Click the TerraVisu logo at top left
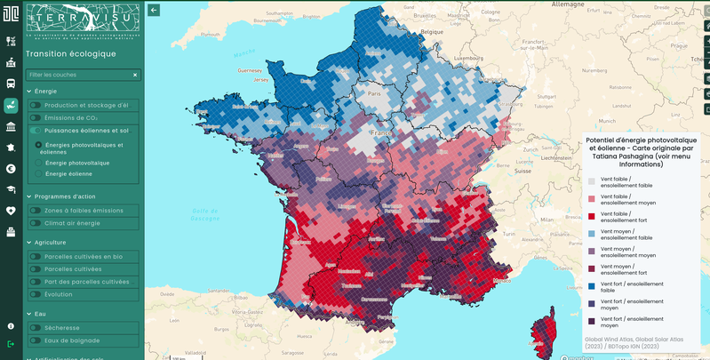pos(83,22)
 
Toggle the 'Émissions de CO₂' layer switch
pos(35,117)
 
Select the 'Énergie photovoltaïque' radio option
pos(38,163)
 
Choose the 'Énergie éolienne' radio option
pos(38,174)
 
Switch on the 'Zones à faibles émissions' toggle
pos(35,211)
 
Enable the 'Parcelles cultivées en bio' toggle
pos(35,257)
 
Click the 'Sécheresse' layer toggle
pos(35,328)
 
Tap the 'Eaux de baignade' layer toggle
pos(35,340)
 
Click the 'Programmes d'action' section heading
pos(60,196)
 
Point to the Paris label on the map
pos(374,93)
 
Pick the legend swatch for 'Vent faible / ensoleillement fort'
pos(592,215)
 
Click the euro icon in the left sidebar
pos(11,169)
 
